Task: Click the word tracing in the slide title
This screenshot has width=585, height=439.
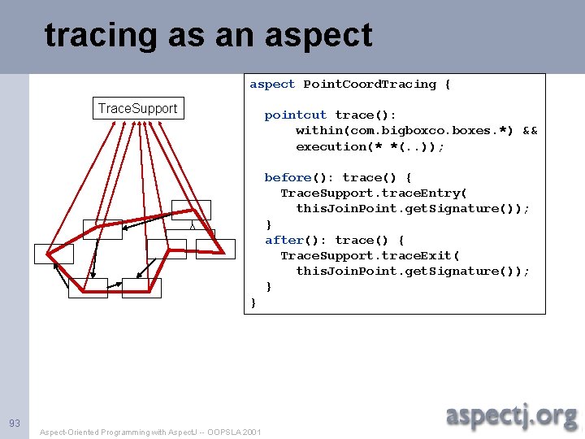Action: pos(101,36)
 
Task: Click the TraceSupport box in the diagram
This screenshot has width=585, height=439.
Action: pos(137,108)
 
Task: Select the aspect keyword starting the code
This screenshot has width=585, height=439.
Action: pos(272,85)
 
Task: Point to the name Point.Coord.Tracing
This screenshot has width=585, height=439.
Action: pos(370,85)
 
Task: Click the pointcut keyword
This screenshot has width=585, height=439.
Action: pos(295,115)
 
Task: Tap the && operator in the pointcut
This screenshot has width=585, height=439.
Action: pos(530,131)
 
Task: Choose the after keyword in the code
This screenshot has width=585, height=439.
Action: pos(284,240)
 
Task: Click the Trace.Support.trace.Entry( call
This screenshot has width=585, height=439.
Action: pos(373,193)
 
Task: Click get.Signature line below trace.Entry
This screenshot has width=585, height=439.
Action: pos(412,208)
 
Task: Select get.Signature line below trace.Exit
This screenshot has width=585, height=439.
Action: pos(412,271)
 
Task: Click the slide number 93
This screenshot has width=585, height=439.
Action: pos(14,424)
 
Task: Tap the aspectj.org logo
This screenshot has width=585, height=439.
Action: pos(511,416)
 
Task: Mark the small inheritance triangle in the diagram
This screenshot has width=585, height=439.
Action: pos(192,226)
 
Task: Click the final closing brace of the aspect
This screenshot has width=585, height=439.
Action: pos(253,302)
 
